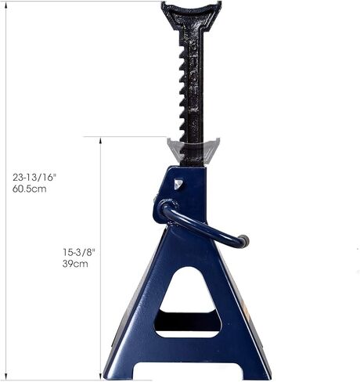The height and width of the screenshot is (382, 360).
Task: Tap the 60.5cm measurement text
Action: (29, 189)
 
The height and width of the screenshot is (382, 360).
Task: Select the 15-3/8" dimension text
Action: (78, 251)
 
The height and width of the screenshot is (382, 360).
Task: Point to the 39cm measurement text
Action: (75, 264)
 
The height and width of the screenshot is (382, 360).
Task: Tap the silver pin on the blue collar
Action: (178, 185)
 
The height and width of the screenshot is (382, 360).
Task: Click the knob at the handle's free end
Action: (243, 241)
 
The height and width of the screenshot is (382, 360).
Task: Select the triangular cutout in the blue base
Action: (188, 291)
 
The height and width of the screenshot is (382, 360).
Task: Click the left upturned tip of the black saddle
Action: (164, 6)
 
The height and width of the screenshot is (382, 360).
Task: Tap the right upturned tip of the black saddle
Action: (218, 6)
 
